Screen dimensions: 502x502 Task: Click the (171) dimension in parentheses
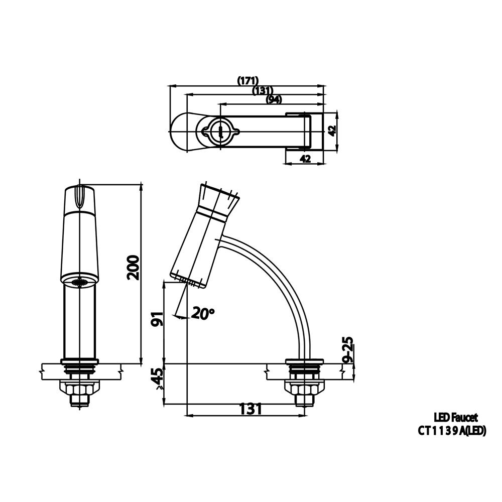click(247, 80)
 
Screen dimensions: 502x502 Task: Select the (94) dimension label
click(273, 99)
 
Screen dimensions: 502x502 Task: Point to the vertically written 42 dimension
click(332, 132)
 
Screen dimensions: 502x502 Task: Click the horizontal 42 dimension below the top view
click(305, 158)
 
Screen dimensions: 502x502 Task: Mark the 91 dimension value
click(157, 319)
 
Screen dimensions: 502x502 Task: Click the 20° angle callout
click(203, 314)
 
